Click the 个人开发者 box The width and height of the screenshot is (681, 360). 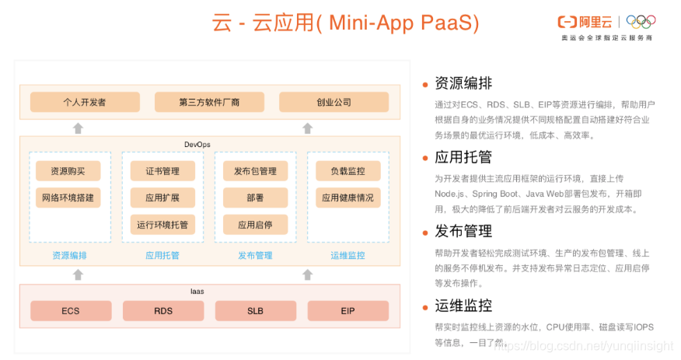[85, 102]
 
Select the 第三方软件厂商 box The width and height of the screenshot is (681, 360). [209, 102]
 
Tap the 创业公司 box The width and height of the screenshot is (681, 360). [334, 102]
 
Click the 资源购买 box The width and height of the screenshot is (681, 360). [68, 171]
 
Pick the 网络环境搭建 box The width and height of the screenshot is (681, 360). [68, 197]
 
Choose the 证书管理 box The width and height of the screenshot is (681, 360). [162, 171]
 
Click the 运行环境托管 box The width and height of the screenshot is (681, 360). [162, 225]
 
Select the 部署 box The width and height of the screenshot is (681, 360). [255, 197]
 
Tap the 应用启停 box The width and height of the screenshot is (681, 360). [255, 225]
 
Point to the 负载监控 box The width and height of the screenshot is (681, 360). [347, 171]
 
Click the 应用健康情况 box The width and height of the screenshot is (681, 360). [347, 197]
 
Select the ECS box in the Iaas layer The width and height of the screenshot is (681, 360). [71, 311]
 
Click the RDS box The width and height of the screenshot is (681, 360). [163, 311]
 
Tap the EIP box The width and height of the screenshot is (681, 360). [347, 311]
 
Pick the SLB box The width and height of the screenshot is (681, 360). [255, 311]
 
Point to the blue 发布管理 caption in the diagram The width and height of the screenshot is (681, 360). [255, 255]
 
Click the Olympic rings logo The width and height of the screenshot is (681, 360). [641, 22]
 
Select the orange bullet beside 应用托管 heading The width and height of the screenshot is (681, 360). [425, 158]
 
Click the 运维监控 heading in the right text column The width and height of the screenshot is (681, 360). [463, 305]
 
